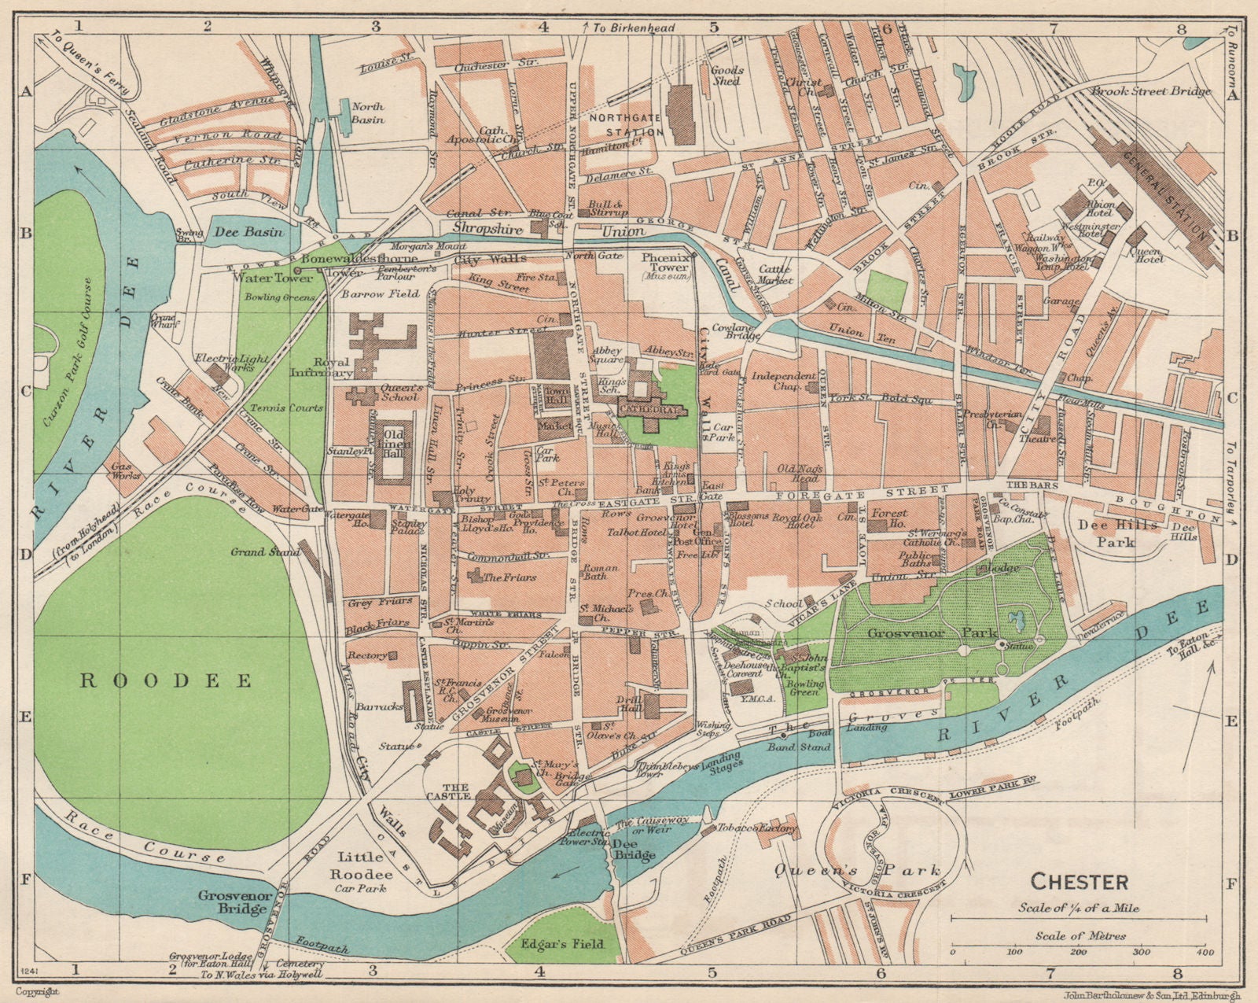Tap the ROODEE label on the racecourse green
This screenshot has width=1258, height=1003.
(166, 680)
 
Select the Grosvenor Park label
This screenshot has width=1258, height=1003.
(932, 632)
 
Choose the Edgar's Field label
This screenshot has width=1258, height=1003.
(562, 942)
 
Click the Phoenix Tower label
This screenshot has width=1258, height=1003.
(665, 262)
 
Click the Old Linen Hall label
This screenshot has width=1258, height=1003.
(395, 443)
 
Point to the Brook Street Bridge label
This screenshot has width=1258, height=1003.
(1150, 91)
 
